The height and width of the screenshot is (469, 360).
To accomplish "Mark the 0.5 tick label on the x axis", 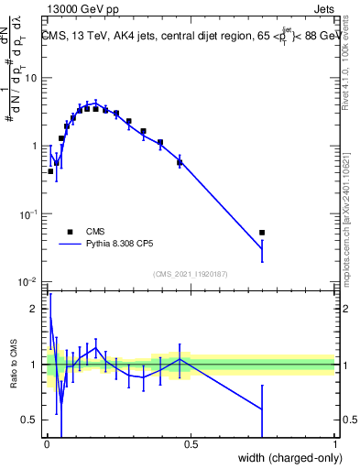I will (x=191, y=444).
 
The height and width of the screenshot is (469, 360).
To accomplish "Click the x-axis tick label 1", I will (x=335, y=444).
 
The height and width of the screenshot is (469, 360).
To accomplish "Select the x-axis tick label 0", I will (x=46, y=444).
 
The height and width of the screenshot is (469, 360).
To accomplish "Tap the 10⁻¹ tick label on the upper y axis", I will (x=28, y=213).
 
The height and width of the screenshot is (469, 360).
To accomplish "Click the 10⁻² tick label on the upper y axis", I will (x=28, y=281).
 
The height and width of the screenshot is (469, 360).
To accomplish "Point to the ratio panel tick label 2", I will (x=34, y=309).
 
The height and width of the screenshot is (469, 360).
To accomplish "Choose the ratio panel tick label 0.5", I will (x=30, y=420).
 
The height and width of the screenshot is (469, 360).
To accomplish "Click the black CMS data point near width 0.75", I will (x=262, y=233).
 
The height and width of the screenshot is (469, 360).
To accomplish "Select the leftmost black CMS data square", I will (x=50, y=171).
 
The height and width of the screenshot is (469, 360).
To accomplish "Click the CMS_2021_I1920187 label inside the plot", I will (x=191, y=274).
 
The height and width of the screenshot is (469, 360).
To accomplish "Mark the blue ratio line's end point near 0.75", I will (x=262, y=409).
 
